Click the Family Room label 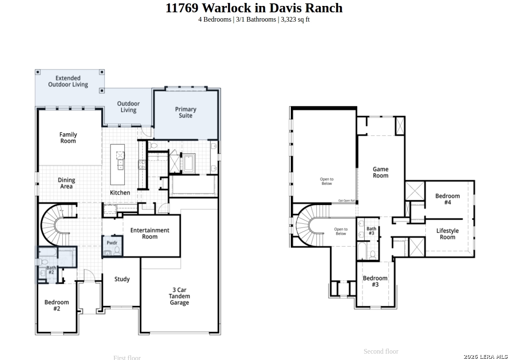click(x=68, y=138)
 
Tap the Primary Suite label click(x=185, y=112)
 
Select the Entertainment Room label click(x=149, y=233)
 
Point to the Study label click(x=122, y=279)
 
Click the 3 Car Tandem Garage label click(x=179, y=296)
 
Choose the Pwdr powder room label click(x=112, y=243)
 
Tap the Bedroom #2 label click(x=57, y=305)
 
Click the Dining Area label click(x=66, y=183)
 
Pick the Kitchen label click(x=120, y=193)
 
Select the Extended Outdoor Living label click(x=68, y=81)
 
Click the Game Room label click(x=380, y=172)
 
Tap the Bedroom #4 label click(x=447, y=199)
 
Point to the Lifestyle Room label click(x=447, y=234)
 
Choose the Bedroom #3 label click(x=375, y=281)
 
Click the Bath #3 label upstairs click(x=371, y=231)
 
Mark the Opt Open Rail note click(x=346, y=201)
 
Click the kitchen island click(x=118, y=164)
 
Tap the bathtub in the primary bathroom click(x=188, y=163)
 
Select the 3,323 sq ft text click(x=295, y=19)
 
